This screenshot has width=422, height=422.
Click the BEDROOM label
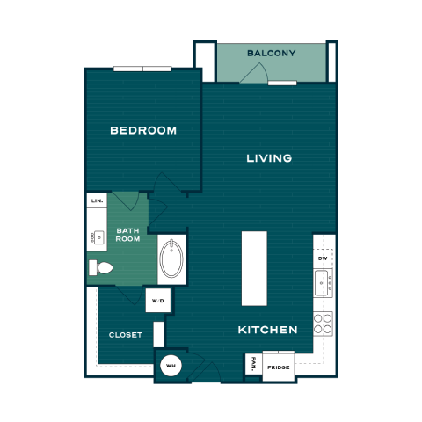tap(143, 130)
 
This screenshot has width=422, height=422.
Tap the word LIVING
tap(269, 158)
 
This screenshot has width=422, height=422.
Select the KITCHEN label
tap(267, 330)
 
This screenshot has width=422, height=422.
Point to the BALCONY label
tap(272, 54)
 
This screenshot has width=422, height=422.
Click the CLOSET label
tap(126, 335)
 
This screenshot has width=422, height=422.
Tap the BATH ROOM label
tap(127, 235)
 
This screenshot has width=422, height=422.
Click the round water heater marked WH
tap(171, 366)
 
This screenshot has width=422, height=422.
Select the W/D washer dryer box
tap(158, 301)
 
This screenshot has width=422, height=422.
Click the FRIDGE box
tap(279, 367)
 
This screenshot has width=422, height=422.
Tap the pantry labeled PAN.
tap(253, 364)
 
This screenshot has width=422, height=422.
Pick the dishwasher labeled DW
tap(323, 258)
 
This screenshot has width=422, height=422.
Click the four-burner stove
tap(323, 324)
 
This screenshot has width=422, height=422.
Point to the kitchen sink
tap(323, 283)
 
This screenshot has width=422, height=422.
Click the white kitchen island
tap(254, 268)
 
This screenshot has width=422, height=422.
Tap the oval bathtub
tap(171, 258)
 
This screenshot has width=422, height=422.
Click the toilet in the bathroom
tap(101, 267)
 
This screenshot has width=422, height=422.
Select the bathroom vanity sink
tap(98, 237)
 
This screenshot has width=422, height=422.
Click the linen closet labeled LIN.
tap(97, 200)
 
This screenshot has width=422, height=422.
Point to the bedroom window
tap(142, 69)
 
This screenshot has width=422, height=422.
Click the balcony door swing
tap(254, 73)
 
